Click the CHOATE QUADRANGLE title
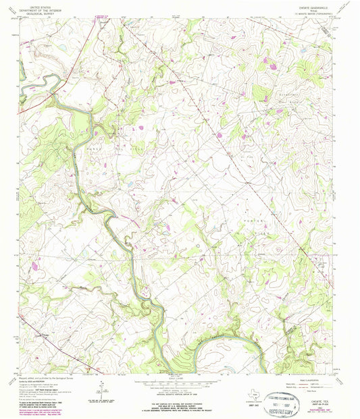[x=319, y=4]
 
